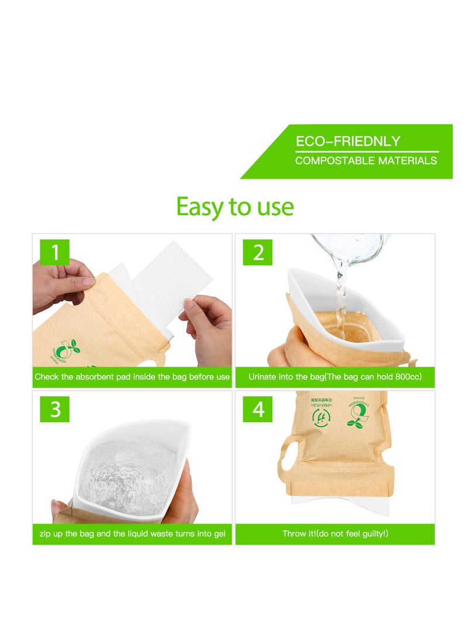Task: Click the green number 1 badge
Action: (54, 253)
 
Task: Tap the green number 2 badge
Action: (258, 253)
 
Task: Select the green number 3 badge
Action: (54, 409)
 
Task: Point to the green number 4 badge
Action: (258, 409)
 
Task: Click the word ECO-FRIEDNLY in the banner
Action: (347, 142)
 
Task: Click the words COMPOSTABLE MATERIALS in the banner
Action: (366, 160)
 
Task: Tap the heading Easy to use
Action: (235, 206)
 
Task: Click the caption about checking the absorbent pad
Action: (132, 377)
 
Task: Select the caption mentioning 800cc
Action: (335, 377)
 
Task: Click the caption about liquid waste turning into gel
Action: (132, 534)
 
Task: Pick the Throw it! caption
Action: (335, 534)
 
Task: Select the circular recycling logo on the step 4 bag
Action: (319, 417)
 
